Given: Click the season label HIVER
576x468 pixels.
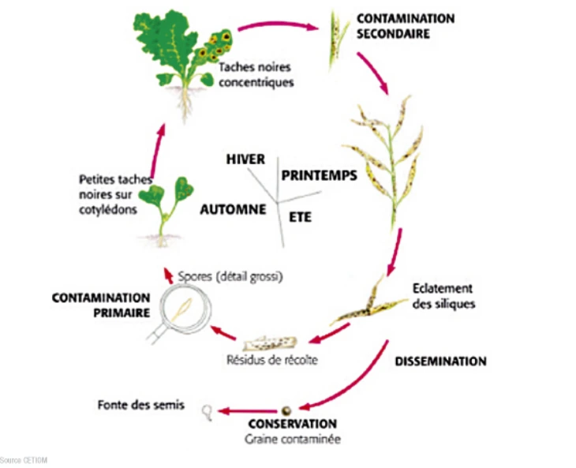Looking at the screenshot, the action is coord(245,159).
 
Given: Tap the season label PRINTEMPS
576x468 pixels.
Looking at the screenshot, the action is coord(320,175).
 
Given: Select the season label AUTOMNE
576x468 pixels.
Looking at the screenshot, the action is coord(233,209).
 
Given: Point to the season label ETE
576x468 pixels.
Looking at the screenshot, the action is coord(300,217).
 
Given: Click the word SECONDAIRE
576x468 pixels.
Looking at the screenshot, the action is coord(393,33).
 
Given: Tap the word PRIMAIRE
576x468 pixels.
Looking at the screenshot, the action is coord(122,313).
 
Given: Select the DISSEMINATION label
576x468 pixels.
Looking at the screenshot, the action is coord(440,361).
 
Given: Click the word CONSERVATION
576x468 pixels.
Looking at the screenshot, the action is coord(293,424).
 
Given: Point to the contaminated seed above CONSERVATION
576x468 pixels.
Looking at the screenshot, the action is coord(286,410).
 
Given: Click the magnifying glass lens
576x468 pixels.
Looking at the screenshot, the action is coord(185,309).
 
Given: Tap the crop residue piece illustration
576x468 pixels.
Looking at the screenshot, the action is coord(270,344).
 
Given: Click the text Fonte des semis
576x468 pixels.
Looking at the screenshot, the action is coord(141,405).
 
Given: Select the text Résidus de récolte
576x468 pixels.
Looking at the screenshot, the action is coord(272,360).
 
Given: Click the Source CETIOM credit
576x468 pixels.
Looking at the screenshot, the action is coord(24,460).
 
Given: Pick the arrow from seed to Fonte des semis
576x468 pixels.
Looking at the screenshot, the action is coord(248,410).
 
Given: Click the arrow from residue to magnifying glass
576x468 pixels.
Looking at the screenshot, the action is coord(223,332).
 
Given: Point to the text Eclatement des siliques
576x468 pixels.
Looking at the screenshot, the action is coord(443,296).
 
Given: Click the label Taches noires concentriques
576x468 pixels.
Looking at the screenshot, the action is coord(256,74).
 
